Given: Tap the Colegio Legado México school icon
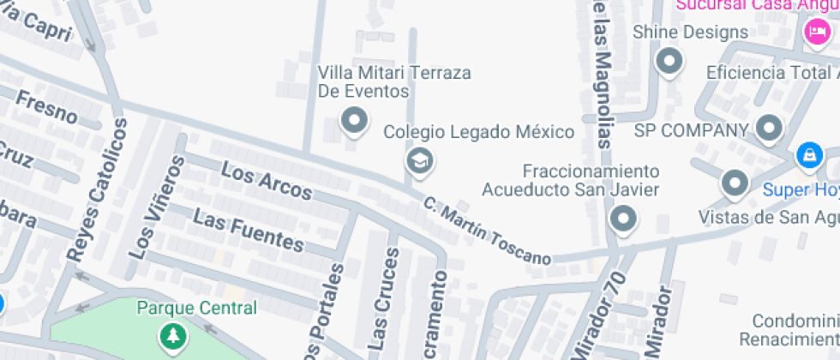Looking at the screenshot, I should tap(419, 160).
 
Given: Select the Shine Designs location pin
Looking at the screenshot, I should tap(668, 61).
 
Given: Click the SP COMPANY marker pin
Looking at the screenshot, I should tap(769, 129).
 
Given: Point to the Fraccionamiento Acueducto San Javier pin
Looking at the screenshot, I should tap(623, 219).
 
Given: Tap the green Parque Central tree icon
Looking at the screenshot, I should tap(174, 335).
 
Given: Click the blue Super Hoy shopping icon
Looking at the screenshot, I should tap(808, 156).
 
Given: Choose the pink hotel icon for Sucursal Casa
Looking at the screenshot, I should tap(815, 33).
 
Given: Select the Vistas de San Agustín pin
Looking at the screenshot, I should tap(735, 183).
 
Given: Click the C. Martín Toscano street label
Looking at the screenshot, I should tap(486, 230).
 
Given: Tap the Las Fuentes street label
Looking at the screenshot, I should tap(248, 231).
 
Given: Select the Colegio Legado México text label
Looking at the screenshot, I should tap(478, 132).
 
